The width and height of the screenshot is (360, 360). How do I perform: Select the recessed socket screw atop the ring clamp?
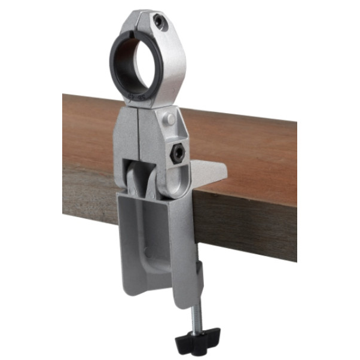pos(158,22)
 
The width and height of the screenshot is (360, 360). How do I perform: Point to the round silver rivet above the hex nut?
pos(171,120)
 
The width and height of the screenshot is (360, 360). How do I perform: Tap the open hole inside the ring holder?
pos(135,63)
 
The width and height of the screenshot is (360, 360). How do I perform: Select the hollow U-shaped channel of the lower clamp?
pos(147,239)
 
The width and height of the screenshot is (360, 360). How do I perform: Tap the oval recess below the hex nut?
pos(177,179)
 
